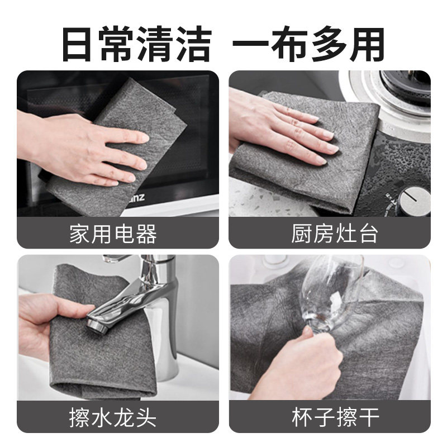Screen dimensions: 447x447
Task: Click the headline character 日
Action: (77, 44)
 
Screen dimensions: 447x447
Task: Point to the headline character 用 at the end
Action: (367, 44)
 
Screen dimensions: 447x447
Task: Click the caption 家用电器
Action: (113, 234)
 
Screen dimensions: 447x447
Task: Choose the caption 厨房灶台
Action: (335, 234)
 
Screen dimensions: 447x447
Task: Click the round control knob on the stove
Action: (414, 200)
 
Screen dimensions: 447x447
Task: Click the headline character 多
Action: (329, 44)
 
